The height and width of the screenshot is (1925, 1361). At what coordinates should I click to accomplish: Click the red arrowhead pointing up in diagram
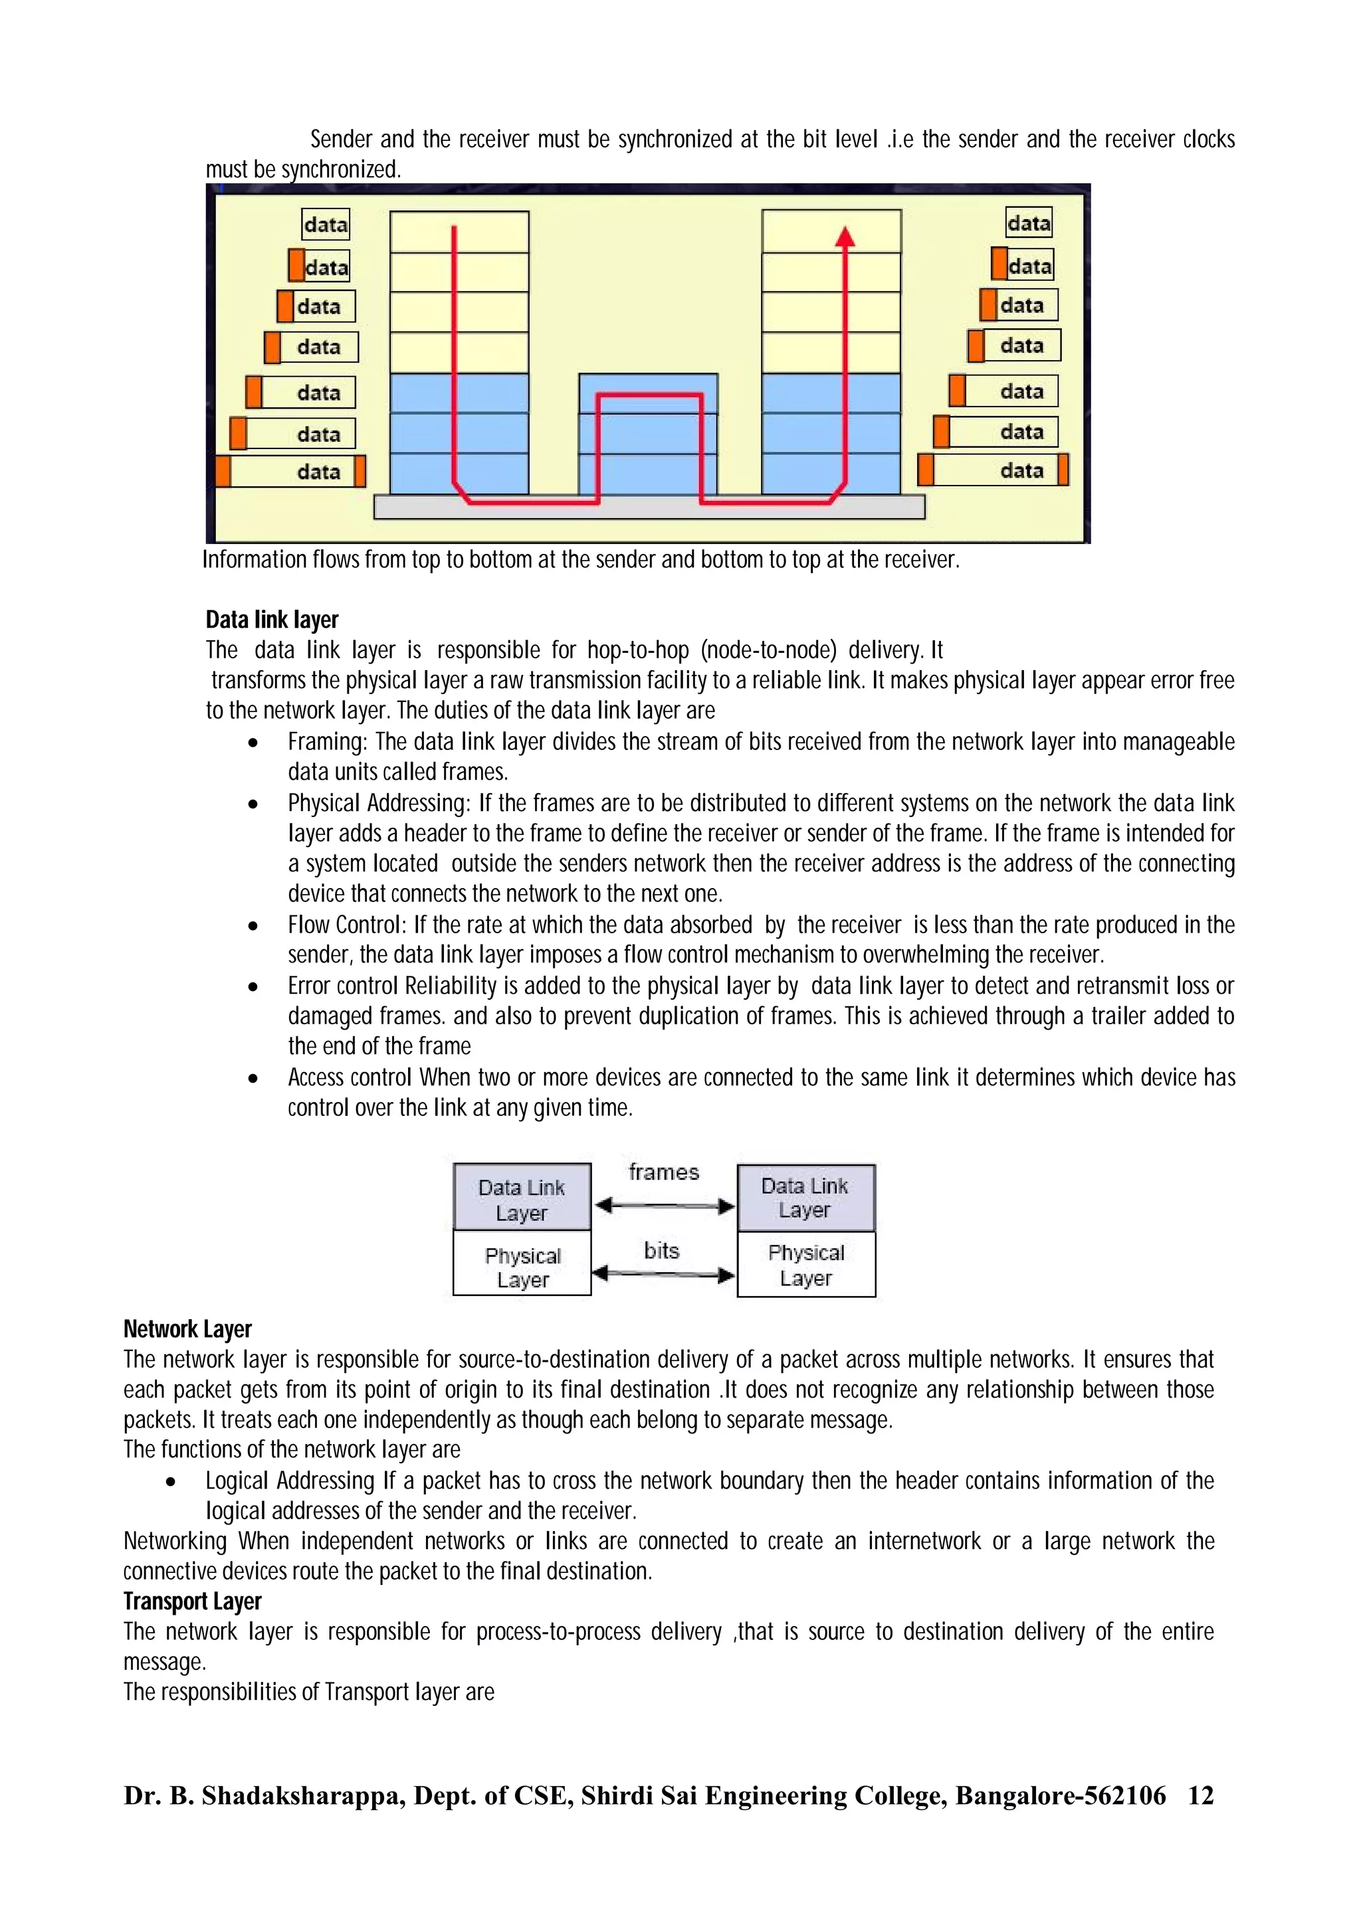click(x=845, y=237)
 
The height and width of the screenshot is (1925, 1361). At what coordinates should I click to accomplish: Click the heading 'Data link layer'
click(x=272, y=620)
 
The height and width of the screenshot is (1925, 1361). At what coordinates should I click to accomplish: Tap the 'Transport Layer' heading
click(x=192, y=1602)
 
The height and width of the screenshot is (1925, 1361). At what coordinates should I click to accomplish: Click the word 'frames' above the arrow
click(x=663, y=1172)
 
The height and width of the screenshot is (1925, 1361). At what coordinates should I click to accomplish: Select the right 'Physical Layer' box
click(x=806, y=1265)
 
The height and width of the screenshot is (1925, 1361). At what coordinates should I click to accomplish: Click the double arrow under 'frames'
click(x=663, y=1206)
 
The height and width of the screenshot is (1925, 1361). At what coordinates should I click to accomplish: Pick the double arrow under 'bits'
click(x=663, y=1275)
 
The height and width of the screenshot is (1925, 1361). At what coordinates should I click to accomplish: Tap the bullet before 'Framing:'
click(x=253, y=743)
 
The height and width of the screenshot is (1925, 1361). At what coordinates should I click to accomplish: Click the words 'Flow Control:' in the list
click(x=347, y=925)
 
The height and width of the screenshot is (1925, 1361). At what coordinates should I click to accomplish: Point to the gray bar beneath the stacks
click(x=649, y=508)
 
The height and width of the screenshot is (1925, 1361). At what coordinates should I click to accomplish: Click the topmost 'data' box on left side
click(x=326, y=225)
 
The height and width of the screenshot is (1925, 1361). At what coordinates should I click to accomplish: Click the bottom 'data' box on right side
click(x=994, y=470)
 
